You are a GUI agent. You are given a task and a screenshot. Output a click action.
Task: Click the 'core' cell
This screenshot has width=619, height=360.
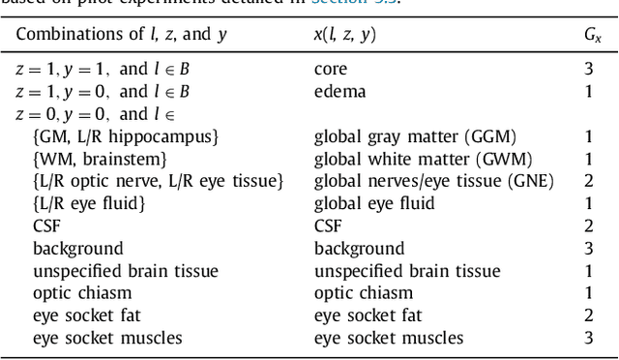pos(331,71)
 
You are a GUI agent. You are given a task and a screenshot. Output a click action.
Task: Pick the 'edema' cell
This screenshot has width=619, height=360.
pos(339,92)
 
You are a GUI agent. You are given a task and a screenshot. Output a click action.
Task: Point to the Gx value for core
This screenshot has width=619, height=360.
pos(588,71)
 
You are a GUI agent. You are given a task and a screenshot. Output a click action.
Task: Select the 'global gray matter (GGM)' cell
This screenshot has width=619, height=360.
pos(415,136)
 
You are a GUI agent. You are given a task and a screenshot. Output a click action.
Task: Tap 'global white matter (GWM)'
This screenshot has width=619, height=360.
pos(417,159)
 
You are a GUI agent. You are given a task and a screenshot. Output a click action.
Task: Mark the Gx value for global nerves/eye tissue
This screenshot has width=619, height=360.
pos(588,181)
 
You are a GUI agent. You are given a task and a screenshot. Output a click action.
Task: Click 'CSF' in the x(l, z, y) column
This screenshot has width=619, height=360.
pos(329,225)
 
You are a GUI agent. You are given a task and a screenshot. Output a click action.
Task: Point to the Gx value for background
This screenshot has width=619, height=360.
pos(588,249)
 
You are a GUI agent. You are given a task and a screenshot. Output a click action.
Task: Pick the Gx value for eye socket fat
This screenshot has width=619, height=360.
pos(588,315)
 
